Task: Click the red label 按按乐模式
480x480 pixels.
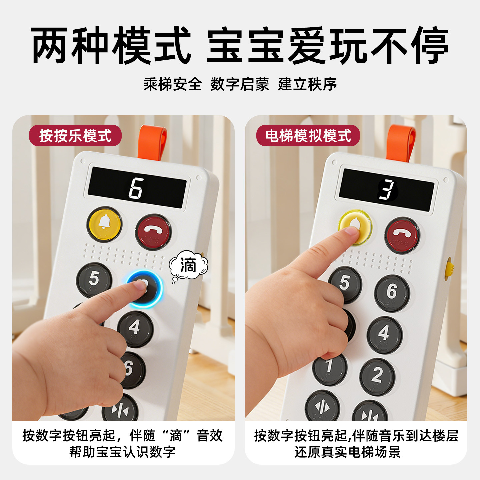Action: coord(75,136)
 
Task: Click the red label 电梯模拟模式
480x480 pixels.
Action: coord(308,136)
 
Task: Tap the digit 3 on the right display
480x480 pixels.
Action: coord(387,190)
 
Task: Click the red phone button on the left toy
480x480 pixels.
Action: coord(153,231)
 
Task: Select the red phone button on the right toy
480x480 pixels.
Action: coord(402,235)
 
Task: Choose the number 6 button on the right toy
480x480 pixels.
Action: coord(392,293)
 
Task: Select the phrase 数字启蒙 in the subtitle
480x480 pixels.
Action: coord(240,84)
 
